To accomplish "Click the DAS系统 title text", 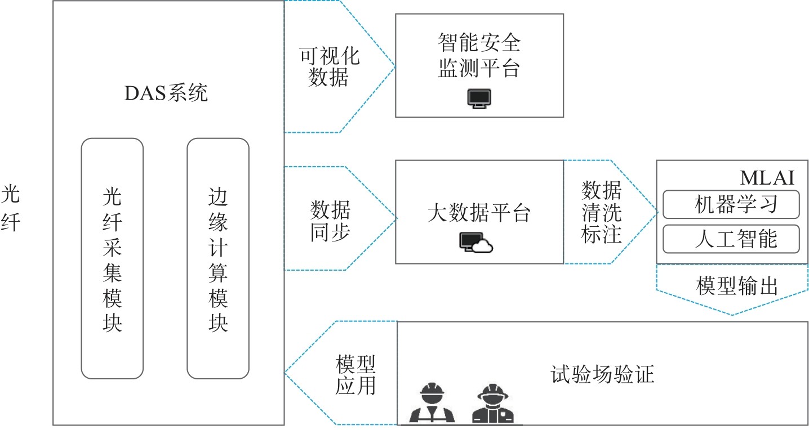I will coord(166,93).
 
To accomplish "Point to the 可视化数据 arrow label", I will coord(328,66).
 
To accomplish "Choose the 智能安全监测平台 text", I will coord(479,56).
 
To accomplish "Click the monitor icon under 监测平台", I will coord(479,98).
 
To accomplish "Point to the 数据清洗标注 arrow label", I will coord(601,212).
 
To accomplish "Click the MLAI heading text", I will coord(767,178).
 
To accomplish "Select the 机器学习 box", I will coord(731,204).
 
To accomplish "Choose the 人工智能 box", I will coord(731,239).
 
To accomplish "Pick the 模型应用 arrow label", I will coord(355,375).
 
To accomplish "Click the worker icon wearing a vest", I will coord(432,403).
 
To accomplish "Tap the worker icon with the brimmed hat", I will coord(492,403).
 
